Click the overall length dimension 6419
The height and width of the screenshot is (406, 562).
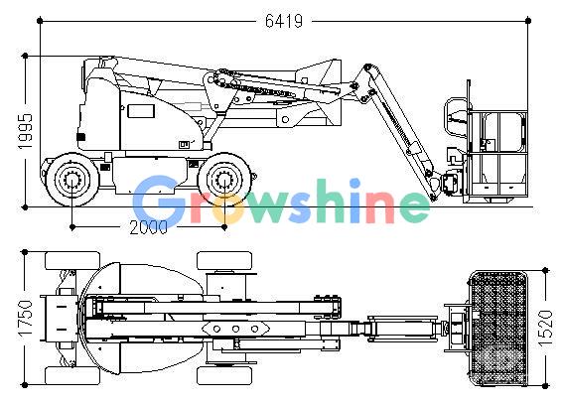tap(284, 21)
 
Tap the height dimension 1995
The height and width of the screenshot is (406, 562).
tap(25, 131)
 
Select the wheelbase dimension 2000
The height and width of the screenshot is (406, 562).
tap(148, 227)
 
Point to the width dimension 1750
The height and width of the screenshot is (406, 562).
tap(26, 319)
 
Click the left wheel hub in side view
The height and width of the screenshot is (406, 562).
tap(72, 180)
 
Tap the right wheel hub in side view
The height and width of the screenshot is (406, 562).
tap(224, 180)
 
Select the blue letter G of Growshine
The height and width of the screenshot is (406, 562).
tap(157, 201)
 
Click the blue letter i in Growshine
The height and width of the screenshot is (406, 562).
tap(354, 201)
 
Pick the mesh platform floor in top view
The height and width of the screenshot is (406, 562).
tap(497, 329)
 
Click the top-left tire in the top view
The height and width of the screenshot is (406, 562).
tap(72, 260)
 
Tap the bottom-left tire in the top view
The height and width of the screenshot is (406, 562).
tap(72, 375)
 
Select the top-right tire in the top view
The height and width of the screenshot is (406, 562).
tap(224, 260)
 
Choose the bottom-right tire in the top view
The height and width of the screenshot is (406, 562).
tap(224, 375)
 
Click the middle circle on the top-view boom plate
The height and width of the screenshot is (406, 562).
tap(235, 329)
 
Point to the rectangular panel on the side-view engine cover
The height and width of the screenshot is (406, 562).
tap(141, 111)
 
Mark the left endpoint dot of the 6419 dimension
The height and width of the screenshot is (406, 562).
tap(40, 21)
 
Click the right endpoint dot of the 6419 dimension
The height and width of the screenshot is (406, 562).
tap(528, 21)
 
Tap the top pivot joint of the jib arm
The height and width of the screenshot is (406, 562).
tap(367, 68)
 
